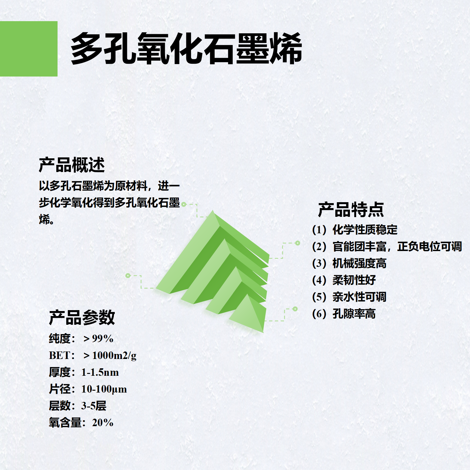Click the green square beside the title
[x=29, y=49]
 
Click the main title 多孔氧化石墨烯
[x=186, y=49]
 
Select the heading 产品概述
[x=72, y=165]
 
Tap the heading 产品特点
[x=351, y=209]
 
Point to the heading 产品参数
[x=82, y=318]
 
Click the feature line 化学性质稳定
[x=365, y=230]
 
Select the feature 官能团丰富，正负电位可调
[x=397, y=247]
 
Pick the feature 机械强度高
[x=359, y=263]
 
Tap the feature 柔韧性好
[x=354, y=280]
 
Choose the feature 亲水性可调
[x=359, y=297]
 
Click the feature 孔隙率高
[x=354, y=314]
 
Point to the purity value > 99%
[x=98, y=339]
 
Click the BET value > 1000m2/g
[x=110, y=356]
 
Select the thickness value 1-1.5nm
[x=100, y=372]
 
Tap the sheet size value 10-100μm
[x=104, y=389]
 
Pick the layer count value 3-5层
[x=94, y=406]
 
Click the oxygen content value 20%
[x=103, y=423]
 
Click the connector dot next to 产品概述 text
[x=184, y=204]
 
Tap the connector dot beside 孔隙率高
[x=295, y=309]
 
